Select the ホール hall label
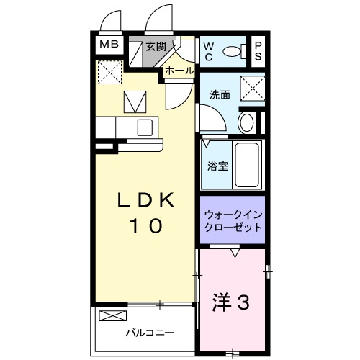tap(179, 71)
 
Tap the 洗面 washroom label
tap(220, 94)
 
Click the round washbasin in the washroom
tap(246, 121)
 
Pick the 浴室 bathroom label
tap(220, 166)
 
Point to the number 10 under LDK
tap(145, 226)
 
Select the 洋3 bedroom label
tap(232, 303)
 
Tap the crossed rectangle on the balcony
tap(112, 315)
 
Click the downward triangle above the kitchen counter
tap(135, 102)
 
